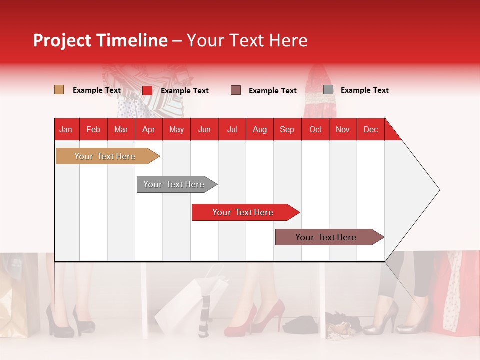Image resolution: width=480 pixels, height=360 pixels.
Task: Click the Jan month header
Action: [66, 129]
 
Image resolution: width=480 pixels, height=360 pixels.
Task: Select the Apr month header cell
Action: [149, 129]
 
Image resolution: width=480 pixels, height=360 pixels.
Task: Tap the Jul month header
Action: [232, 129]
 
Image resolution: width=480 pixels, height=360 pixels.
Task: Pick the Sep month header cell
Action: [287, 129]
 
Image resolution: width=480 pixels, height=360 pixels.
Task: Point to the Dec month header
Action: [370, 129]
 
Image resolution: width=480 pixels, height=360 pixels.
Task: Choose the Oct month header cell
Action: [315, 129]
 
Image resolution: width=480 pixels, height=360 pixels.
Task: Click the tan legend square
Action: [59, 90]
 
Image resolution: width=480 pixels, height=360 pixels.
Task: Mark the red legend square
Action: [147, 90]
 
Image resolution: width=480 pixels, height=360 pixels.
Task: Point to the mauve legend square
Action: [236, 90]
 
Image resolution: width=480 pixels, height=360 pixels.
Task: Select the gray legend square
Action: [328, 90]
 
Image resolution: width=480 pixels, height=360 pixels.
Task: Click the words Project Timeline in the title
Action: [100, 40]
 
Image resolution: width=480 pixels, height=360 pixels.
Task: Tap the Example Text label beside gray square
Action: [364, 90]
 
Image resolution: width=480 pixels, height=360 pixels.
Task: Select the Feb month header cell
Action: [93, 129]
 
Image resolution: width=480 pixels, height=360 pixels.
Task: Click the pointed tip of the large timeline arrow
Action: [439, 190]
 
